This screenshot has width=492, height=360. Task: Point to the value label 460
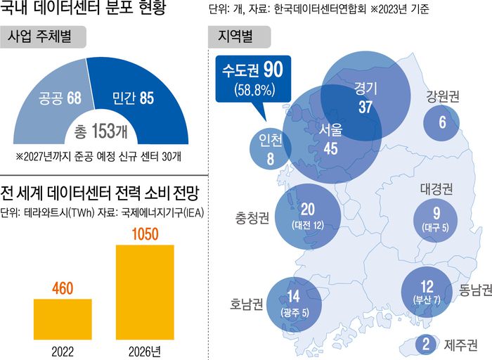(x=63, y=288)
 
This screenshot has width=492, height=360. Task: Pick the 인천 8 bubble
(x=267, y=150)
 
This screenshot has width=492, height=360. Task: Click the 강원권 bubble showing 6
(x=442, y=122)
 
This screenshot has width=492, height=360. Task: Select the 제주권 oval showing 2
(x=425, y=345)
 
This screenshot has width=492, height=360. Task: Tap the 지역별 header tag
(x=236, y=35)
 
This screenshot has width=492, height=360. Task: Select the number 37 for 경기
(x=365, y=107)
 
